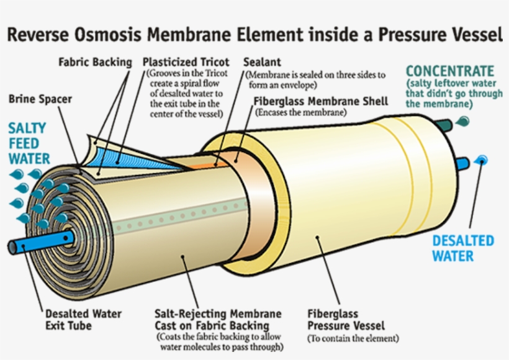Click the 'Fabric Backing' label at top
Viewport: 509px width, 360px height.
[95, 62]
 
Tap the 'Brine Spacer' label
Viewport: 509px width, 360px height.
[40, 99]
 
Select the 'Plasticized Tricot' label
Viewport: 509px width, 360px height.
[186, 62]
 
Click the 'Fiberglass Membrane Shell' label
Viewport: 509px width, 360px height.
[321, 101]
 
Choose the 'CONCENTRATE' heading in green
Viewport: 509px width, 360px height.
[449, 71]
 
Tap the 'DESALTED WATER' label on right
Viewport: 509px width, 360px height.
[463, 248]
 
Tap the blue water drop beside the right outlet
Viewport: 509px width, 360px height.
[482, 160]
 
